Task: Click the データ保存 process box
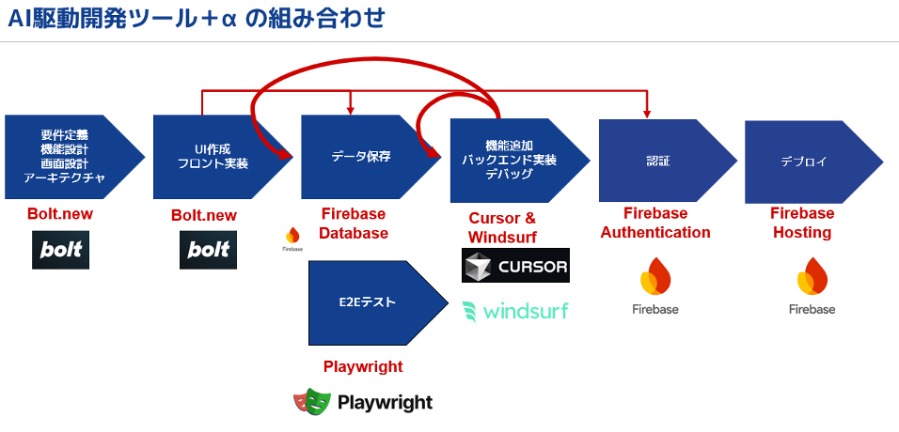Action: pyautogui.click(x=362, y=156)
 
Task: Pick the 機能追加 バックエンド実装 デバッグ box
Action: pyautogui.click(x=510, y=160)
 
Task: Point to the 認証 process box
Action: pyautogui.click(x=658, y=161)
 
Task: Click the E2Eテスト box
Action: pyautogui.click(x=369, y=302)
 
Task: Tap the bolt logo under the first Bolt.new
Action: pyautogui.click(x=61, y=251)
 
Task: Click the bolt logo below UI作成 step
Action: pyautogui.click(x=208, y=251)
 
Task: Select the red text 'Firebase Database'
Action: pyautogui.click(x=354, y=224)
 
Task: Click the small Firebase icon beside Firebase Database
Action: pyautogui.click(x=292, y=239)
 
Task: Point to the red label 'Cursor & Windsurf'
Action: pyautogui.click(x=502, y=227)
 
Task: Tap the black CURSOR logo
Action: pyautogui.click(x=516, y=266)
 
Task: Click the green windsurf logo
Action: pyautogui.click(x=515, y=311)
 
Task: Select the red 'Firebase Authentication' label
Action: pyautogui.click(x=655, y=223)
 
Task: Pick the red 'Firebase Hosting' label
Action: pyautogui.click(x=802, y=223)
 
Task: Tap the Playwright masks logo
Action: pyautogui.click(x=312, y=402)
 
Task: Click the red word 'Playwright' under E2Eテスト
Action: pyautogui.click(x=363, y=366)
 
